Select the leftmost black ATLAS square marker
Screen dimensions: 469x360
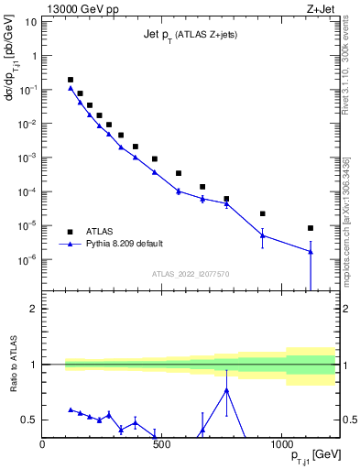point(71,80)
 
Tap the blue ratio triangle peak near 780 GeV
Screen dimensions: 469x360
point(226,389)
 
